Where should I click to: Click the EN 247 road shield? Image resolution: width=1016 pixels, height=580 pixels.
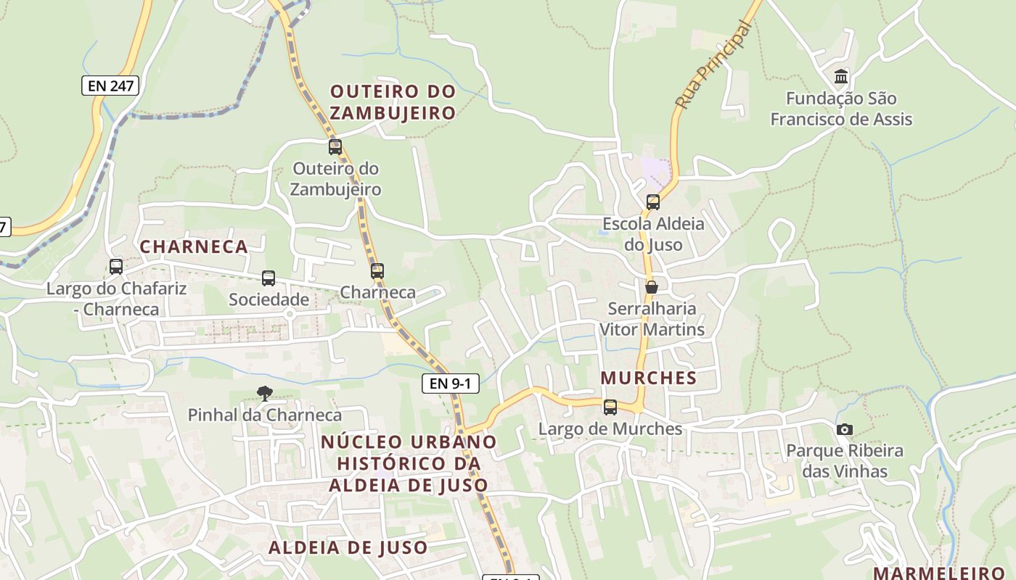110,86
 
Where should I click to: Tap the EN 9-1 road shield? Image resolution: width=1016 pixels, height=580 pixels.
451,384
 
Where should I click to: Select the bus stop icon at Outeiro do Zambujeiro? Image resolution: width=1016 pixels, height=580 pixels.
335,147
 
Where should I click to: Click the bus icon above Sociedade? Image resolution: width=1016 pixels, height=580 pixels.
268,278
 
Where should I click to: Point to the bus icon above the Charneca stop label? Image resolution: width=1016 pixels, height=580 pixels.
377,272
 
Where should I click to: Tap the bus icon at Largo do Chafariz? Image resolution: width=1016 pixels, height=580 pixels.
115,267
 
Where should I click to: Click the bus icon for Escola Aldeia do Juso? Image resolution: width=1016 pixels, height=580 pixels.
652,202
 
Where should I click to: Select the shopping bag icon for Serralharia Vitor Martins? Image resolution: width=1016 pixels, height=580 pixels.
652,287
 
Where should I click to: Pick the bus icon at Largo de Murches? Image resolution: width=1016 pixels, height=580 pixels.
610,407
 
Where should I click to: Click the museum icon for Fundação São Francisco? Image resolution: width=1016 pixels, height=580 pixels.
841,76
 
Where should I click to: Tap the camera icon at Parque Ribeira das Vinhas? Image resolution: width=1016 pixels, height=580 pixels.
844,429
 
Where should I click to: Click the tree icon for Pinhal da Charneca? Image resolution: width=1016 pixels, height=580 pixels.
265,394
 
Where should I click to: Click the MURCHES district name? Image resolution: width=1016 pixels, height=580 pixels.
648,378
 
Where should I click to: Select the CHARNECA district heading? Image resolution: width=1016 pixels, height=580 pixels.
194,246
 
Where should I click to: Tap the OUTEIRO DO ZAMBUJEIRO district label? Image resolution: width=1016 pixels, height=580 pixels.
393,102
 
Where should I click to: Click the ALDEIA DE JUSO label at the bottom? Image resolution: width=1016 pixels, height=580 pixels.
348,547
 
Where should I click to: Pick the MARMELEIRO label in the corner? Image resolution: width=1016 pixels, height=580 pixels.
938,572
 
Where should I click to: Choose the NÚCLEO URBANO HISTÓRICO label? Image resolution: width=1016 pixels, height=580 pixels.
409,463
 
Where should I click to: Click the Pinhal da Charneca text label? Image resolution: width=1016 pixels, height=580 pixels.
264,415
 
